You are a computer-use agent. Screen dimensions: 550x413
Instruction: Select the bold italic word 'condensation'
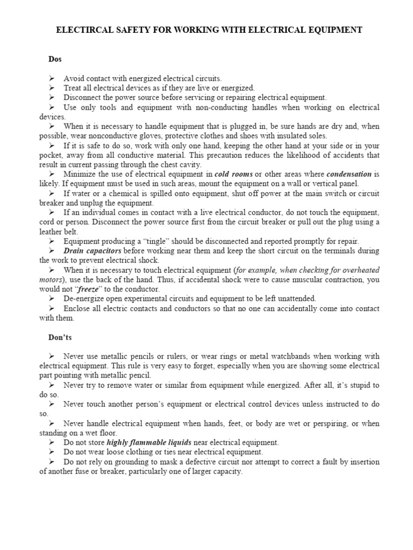click(350, 174)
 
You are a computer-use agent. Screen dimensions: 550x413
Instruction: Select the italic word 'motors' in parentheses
click(51, 280)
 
